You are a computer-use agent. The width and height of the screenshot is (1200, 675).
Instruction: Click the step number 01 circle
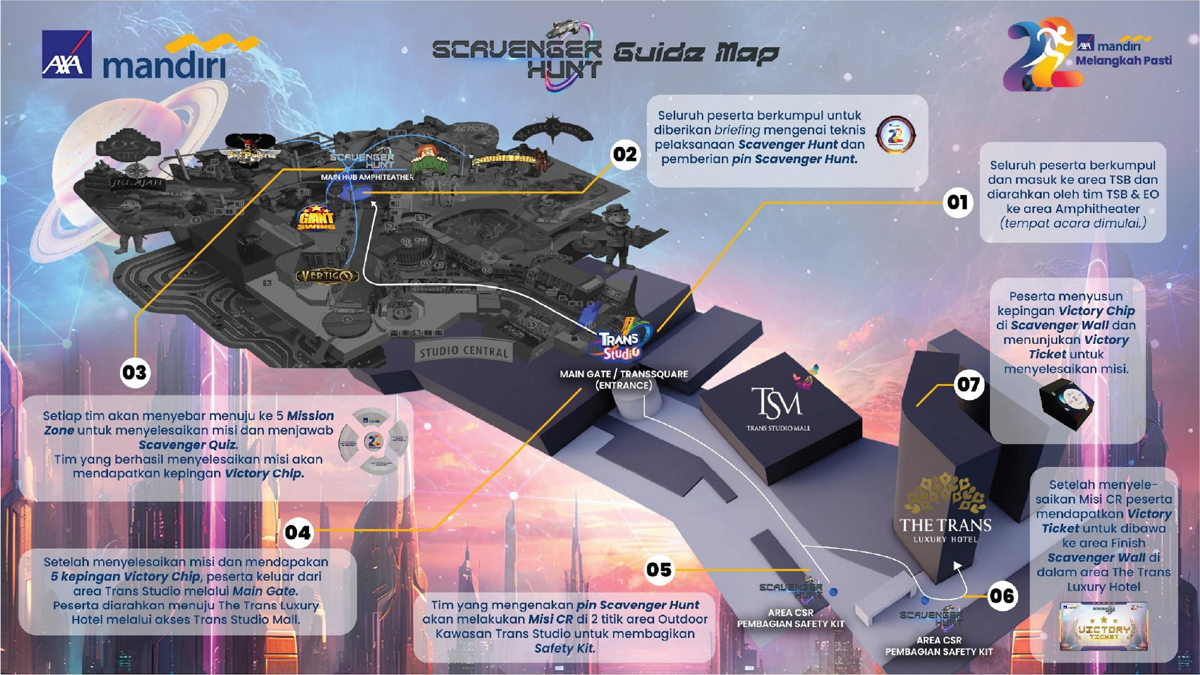958,202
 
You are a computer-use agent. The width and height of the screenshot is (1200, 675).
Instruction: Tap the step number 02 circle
625,155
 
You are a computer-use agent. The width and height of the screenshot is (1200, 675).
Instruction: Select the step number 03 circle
134,373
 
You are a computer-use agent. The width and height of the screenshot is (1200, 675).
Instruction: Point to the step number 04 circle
298,532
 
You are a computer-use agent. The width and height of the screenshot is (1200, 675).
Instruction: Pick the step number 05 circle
659,569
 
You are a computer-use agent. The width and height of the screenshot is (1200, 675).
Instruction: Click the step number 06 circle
1001,596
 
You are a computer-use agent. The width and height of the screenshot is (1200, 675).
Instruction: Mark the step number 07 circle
968,384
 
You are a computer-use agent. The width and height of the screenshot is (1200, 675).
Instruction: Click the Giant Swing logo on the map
316,218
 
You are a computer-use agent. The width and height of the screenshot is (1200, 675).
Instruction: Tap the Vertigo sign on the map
327,276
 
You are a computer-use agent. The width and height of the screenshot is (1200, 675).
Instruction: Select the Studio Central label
463,352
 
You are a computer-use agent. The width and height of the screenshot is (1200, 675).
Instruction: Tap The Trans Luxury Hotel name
945,529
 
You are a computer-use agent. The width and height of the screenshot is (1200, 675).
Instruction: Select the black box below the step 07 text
1066,406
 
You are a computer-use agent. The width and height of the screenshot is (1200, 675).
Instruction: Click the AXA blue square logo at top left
67,55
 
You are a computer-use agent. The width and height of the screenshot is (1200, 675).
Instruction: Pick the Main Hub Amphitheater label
367,178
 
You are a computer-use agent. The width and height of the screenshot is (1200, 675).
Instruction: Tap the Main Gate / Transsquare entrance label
623,379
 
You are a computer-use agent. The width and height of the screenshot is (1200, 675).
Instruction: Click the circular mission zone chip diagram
373,442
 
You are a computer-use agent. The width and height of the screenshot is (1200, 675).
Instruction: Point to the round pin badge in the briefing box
895,134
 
